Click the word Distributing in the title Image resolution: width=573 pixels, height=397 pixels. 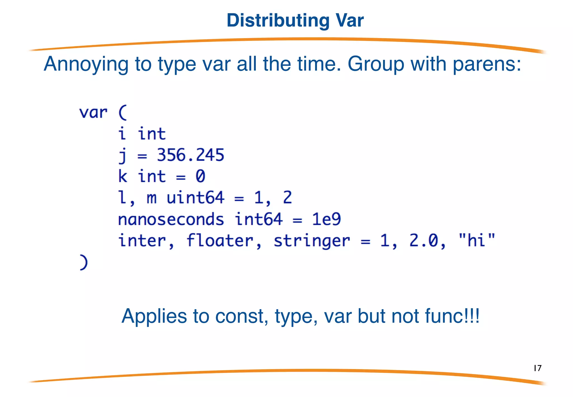click(x=278, y=21)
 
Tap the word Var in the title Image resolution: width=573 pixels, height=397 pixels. click(x=350, y=21)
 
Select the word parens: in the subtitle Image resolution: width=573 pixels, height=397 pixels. click(x=487, y=64)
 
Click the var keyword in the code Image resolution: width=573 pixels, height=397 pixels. click(x=93, y=113)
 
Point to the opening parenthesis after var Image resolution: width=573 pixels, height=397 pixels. click(x=123, y=113)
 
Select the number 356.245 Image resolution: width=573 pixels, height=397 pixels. click(x=191, y=155)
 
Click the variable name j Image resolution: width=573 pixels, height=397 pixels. click(x=123, y=155)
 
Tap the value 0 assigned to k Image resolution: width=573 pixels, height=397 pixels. click(x=200, y=176)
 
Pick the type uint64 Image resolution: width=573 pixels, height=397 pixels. click(x=195, y=198)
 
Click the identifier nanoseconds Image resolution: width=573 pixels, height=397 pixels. click(x=171, y=219)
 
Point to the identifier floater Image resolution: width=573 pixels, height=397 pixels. click(x=220, y=241)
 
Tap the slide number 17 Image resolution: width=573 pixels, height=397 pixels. click(x=537, y=368)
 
